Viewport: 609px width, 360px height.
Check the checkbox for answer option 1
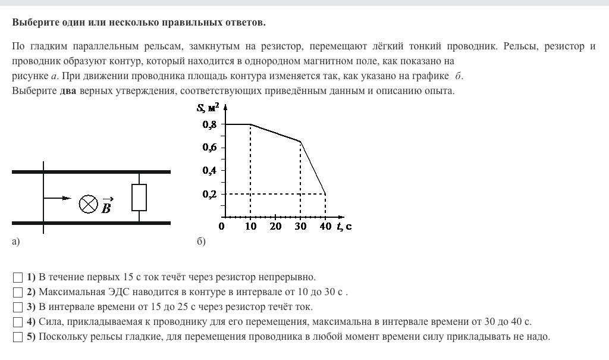click(17, 277)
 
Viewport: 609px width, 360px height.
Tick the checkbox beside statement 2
click(17, 292)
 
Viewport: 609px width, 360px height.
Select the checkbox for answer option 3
click(17, 307)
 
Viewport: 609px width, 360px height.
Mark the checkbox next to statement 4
click(17, 322)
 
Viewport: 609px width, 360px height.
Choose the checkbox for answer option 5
click(17, 337)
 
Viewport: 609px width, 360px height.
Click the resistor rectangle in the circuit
click(139, 198)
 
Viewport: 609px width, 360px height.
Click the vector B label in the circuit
click(106, 206)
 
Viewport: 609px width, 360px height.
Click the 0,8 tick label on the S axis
click(209, 124)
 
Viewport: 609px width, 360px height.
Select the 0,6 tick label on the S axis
click(209, 148)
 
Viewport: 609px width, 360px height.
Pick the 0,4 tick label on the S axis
click(209, 171)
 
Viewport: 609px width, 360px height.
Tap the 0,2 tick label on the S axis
click(209, 194)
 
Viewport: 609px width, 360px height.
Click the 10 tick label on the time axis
click(250, 227)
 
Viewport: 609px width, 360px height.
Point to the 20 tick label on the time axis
click(275, 227)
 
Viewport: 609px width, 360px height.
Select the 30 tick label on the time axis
click(300, 227)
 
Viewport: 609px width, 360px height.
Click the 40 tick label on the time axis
click(325, 227)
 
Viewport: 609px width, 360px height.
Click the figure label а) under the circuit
click(16, 242)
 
